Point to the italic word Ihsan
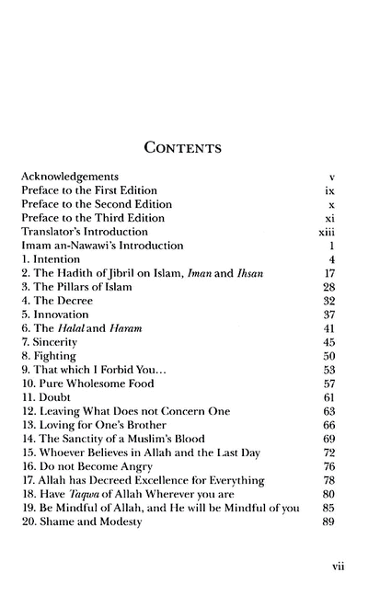261,274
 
